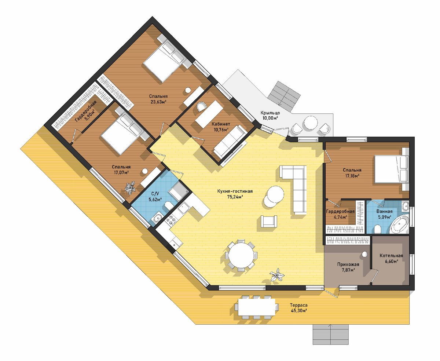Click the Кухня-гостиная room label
point(235,191)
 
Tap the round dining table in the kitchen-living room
point(241,255)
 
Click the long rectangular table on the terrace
point(257,307)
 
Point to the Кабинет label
point(221,124)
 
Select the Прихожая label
point(348,265)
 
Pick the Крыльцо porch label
point(270,113)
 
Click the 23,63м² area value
point(158,102)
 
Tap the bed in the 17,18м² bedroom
point(391,169)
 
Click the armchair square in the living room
point(269,221)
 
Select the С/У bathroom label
point(155,194)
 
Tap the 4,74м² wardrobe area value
point(340,217)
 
